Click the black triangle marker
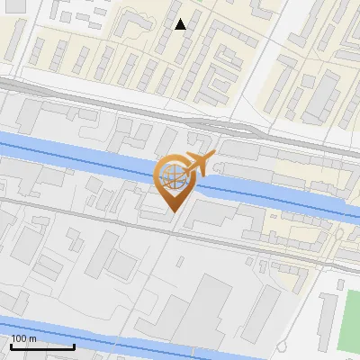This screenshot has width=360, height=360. point(181,24)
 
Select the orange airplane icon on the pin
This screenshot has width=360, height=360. point(196,165)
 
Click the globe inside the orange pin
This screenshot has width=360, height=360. point(170,177)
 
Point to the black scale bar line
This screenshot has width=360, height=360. point(42,346)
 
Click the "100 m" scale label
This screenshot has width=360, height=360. point(23,338)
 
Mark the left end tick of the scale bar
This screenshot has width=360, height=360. point(11,345)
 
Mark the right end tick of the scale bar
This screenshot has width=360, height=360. point(74,345)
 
